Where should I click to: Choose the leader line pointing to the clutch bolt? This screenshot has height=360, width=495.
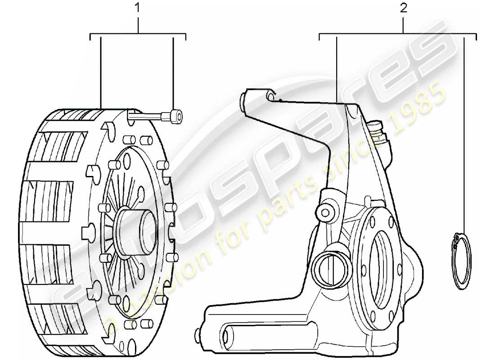(x=174, y=72)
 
